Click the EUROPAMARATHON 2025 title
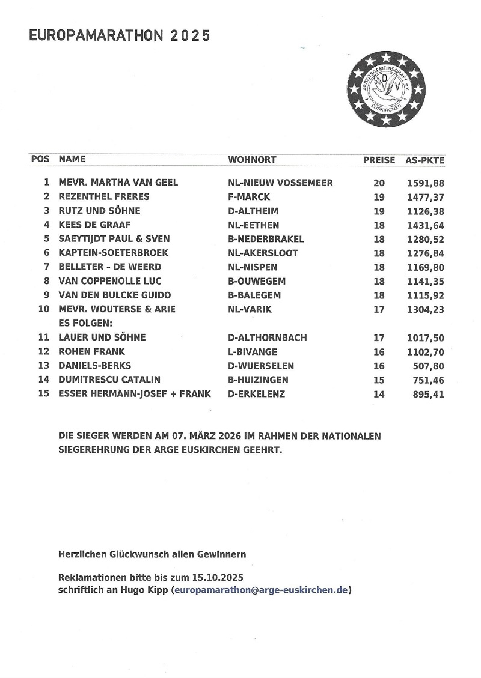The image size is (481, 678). point(120,36)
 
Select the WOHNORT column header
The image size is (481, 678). point(252,160)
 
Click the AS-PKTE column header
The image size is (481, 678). point(425,160)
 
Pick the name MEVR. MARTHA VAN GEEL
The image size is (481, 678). point(118,183)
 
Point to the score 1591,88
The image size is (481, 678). point(425,183)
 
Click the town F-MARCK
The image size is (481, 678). point(249,197)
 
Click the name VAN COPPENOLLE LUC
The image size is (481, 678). point(110,281)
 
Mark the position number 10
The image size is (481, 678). point(43,309)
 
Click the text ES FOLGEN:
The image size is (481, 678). point(82,323)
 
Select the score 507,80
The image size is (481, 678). point(429,366)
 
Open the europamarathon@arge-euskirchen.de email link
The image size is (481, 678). point(261,590)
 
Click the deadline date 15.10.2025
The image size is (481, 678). point(218,577)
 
